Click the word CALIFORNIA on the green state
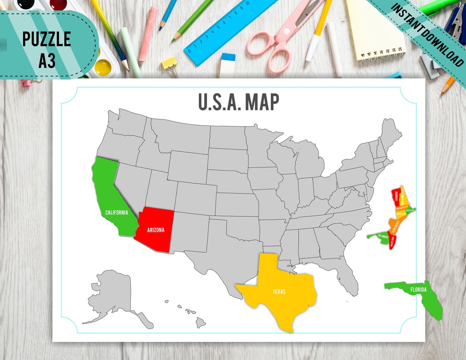click(116, 212)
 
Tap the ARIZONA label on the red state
click(155, 230)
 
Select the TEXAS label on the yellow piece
click(279, 291)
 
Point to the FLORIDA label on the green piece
click(418, 290)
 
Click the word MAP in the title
click(261, 102)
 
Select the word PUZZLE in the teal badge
click(47, 39)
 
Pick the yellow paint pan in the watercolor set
click(103, 67)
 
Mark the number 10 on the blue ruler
click(247, 3)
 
